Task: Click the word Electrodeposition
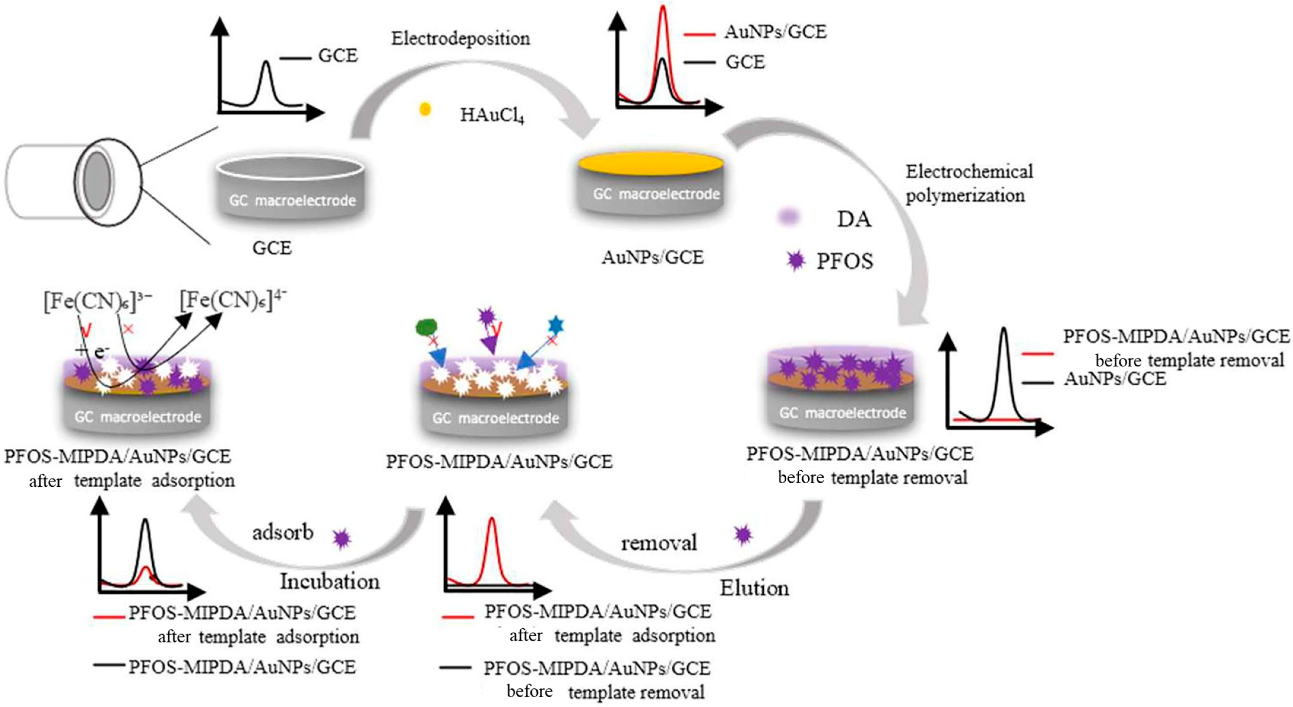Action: click(x=460, y=39)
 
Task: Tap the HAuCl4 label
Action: click(x=492, y=115)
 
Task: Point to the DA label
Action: click(x=853, y=220)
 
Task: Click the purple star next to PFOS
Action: click(x=796, y=260)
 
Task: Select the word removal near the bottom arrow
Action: click(x=659, y=543)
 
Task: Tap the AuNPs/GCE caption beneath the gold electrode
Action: click(x=652, y=257)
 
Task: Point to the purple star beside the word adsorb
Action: click(x=342, y=539)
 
